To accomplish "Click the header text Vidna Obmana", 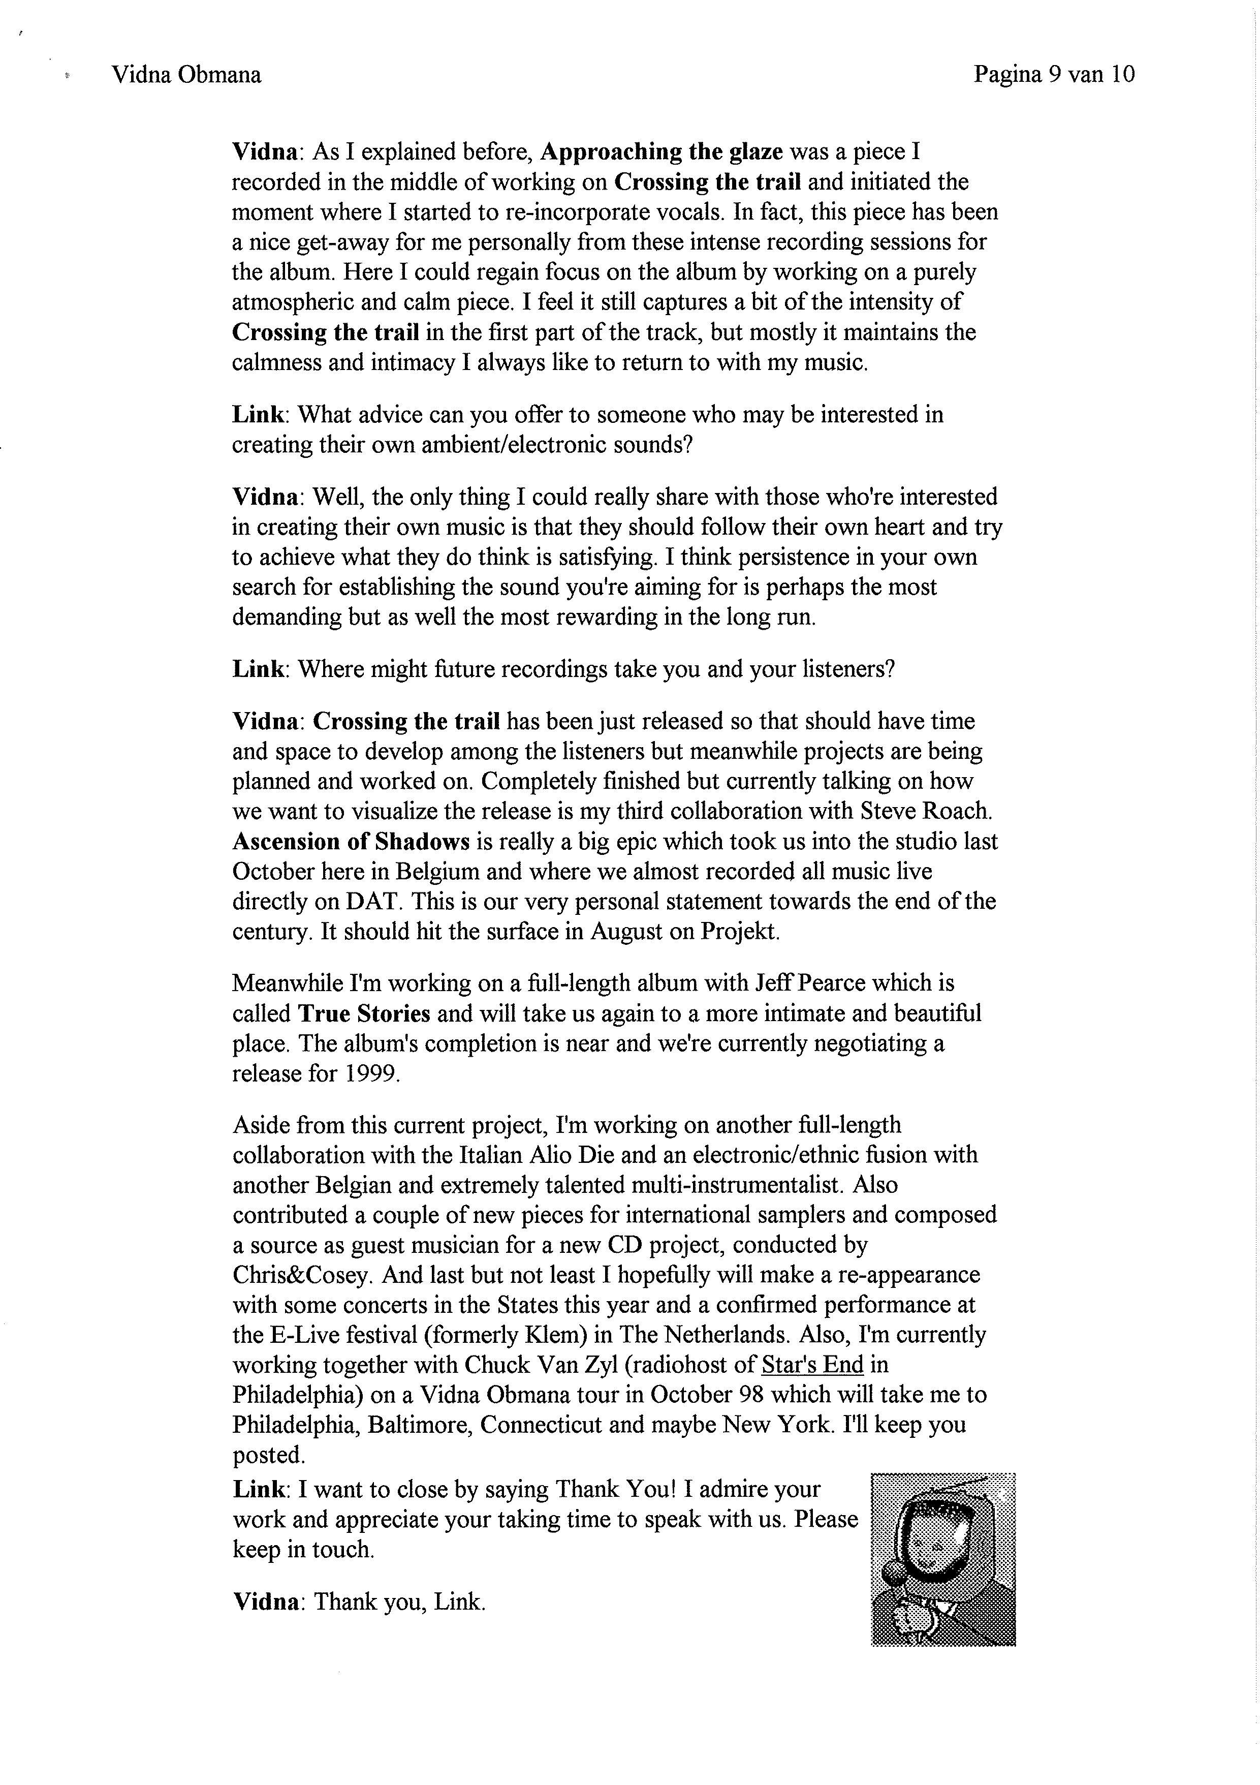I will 186,75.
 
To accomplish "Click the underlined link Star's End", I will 812,1364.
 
